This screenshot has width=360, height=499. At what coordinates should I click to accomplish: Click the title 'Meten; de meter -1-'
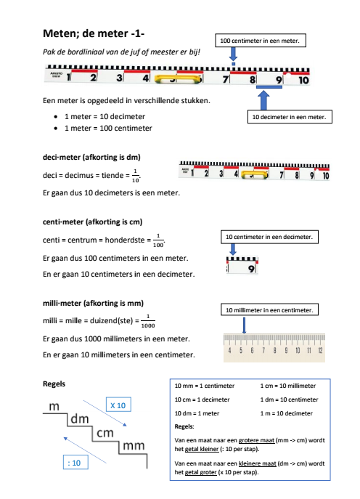[94, 33]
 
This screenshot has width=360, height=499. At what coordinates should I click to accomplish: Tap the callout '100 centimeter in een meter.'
[261, 41]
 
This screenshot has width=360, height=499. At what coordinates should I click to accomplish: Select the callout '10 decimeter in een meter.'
[290, 117]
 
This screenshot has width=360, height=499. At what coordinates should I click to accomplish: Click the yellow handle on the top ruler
[179, 79]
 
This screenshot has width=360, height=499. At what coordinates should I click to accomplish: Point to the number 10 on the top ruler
[303, 80]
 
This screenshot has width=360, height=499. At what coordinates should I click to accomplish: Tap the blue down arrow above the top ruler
[233, 54]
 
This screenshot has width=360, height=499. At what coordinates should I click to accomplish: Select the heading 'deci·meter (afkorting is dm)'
[91, 157]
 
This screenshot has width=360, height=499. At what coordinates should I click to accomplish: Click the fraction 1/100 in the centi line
[158, 240]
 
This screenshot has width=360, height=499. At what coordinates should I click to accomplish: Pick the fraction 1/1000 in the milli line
[148, 321]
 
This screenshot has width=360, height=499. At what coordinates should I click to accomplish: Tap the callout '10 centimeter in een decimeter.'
[269, 237]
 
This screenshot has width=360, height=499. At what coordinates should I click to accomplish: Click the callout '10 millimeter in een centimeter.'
[269, 309]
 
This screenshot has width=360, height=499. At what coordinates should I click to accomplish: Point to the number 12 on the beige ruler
[320, 350]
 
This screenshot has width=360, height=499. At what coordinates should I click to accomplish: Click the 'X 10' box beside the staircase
[118, 405]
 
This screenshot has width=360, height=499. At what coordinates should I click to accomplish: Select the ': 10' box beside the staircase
[75, 463]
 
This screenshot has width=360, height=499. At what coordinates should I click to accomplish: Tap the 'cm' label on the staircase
[105, 433]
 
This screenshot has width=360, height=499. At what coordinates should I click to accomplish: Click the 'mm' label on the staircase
[134, 446]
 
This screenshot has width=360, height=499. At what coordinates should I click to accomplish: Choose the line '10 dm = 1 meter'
[197, 413]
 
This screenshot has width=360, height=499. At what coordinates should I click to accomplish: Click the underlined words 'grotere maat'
[256, 440]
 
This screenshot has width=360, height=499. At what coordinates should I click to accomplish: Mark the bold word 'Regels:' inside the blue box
[184, 426]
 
